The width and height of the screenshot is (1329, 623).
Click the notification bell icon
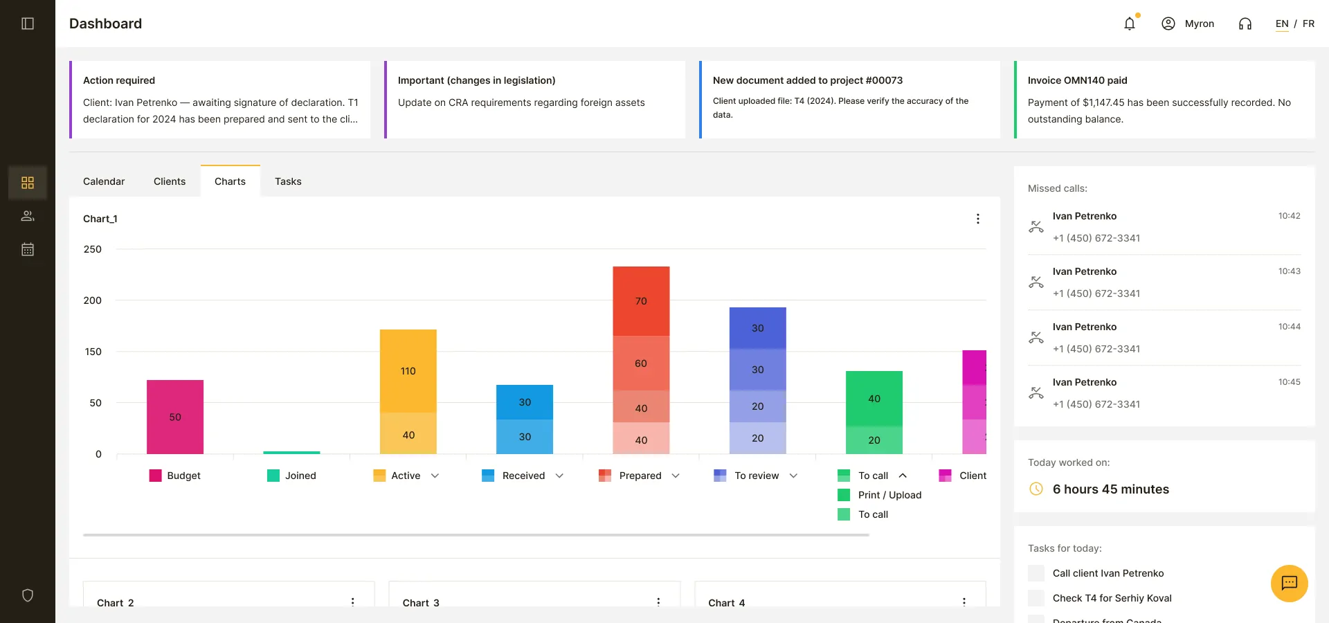[1130, 24]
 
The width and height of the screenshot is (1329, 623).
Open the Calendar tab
[104, 181]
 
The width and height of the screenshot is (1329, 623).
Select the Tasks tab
[288, 181]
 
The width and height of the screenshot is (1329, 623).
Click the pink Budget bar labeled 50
[175, 417]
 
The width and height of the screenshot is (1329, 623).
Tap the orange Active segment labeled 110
[408, 371]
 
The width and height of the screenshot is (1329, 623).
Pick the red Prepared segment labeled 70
[641, 301]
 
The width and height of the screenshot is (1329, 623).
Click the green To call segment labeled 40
[874, 399]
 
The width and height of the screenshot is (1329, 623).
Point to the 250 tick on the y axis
[93, 249]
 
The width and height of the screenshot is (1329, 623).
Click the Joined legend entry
[291, 476]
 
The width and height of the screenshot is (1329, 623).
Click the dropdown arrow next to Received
[559, 476]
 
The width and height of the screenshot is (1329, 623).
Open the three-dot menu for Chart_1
[978, 219]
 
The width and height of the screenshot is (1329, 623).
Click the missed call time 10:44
[1290, 327]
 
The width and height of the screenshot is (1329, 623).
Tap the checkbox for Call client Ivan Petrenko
[1036, 573]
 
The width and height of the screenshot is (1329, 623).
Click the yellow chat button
[1290, 584]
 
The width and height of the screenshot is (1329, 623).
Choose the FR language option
[1308, 24]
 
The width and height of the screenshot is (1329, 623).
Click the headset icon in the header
[1245, 24]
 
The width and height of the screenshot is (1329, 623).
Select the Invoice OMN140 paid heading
[1078, 80]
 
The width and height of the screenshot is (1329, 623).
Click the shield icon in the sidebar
[28, 595]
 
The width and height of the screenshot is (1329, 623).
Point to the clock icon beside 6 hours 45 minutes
[1036, 489]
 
